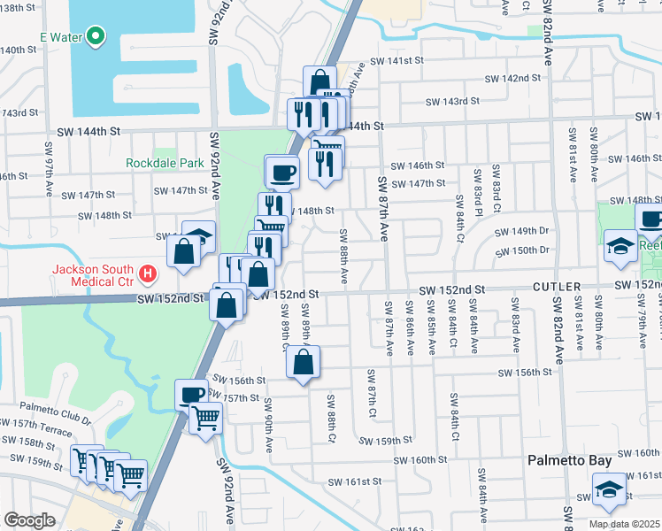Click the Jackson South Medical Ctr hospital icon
pos(149,275)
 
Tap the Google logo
pos(29,520)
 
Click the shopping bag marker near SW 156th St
pos(303,361)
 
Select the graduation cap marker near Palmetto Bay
pos(608,490)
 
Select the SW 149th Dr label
pos(523,232)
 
